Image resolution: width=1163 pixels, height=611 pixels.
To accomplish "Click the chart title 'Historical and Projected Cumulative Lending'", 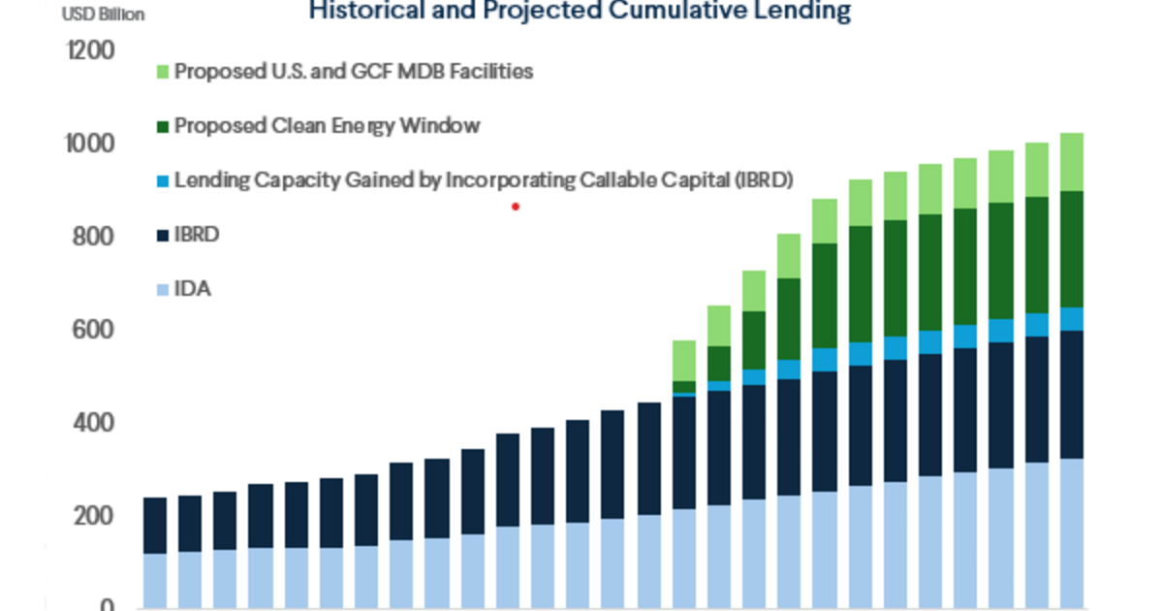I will point(580,12).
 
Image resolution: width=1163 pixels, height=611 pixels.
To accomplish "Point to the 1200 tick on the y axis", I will point(88,50).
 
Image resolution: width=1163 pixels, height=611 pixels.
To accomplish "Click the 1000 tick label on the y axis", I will point(90,145).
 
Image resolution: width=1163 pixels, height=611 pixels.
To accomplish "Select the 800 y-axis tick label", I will point(92,238).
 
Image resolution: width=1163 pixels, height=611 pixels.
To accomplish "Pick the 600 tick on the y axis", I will point(92,331).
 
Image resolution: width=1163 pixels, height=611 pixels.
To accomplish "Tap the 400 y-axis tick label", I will point(92,424).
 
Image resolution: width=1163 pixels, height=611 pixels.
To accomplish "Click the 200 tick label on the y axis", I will point(92,517).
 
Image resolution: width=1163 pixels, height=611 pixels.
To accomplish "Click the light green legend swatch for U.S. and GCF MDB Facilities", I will point(162,72).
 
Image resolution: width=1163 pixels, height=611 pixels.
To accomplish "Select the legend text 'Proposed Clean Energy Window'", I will point(327,126).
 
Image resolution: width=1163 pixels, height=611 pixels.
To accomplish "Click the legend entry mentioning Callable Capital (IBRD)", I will point(483,179).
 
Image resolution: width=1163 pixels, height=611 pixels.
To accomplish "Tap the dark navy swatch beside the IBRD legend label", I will point(162,234).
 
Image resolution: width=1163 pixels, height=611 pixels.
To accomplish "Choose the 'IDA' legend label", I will point(193,288).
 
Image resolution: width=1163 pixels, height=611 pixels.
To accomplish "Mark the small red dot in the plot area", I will point(516,206).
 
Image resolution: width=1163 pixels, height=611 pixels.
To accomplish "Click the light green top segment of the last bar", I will point(1071,162).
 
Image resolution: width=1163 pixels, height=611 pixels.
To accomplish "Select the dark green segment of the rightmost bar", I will point(1071,249).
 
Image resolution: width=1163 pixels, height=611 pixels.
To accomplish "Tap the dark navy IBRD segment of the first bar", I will point(155,526).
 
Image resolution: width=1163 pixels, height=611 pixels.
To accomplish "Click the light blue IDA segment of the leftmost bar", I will point(155,580).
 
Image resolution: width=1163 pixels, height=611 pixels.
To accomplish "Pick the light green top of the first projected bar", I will point(684,360).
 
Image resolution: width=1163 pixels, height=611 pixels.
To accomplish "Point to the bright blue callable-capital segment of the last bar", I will point(1071,319).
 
